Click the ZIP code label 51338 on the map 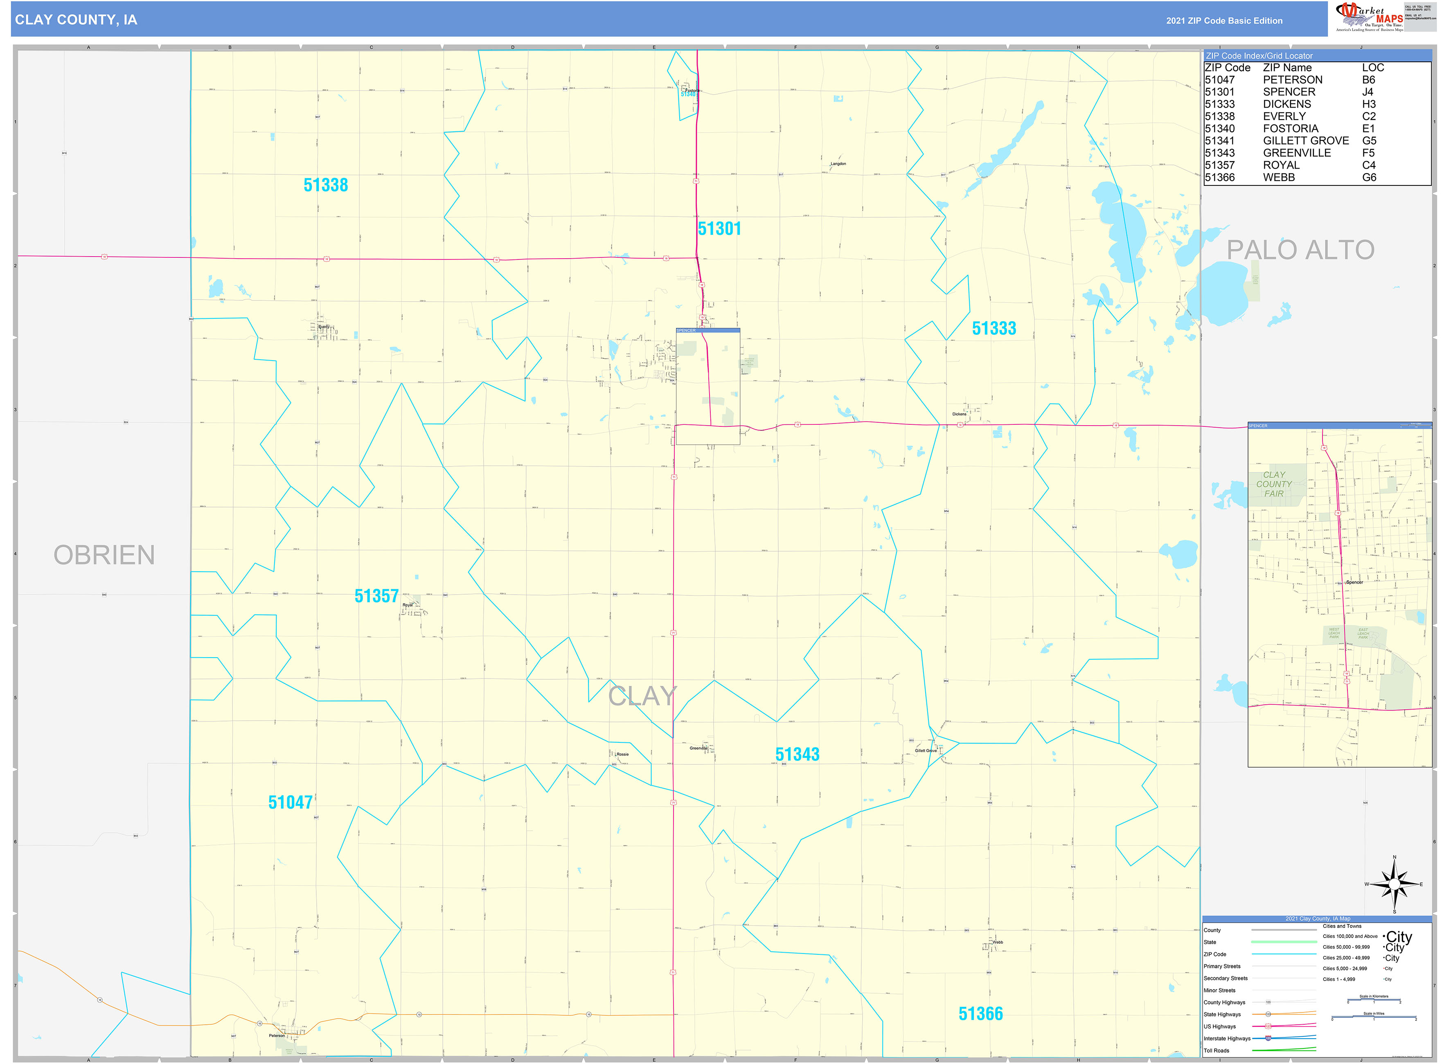pyautogui.click(x=325, y=185)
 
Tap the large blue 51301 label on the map pyautogui.click(x=719, y=229)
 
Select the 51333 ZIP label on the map pyautogui.click(x=994, y=329)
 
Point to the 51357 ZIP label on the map pyautogui.click(x=376, y=596)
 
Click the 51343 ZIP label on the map pyautogui.click(x=797, y=754)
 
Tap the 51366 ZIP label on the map pyautogui.click(x=980, y=1014)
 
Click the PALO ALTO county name pyautogui.click(x=1300, y=250)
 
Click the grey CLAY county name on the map pyautogui.click(x=642, y=696)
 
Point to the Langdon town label pyautogui.click(x=838, y=164)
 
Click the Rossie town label pyautogui.click(x=622, y=754)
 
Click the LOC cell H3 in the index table pyautogui.click(x=1369, y=104)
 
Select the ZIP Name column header pyautogui.click(x=1287, y=68)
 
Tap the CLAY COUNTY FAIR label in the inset pyautogui.click(x=1273, y=485)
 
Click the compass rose pyautogui.click(x=1394, y=885)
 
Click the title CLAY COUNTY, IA pyautogui.click(x=76, y=20)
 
